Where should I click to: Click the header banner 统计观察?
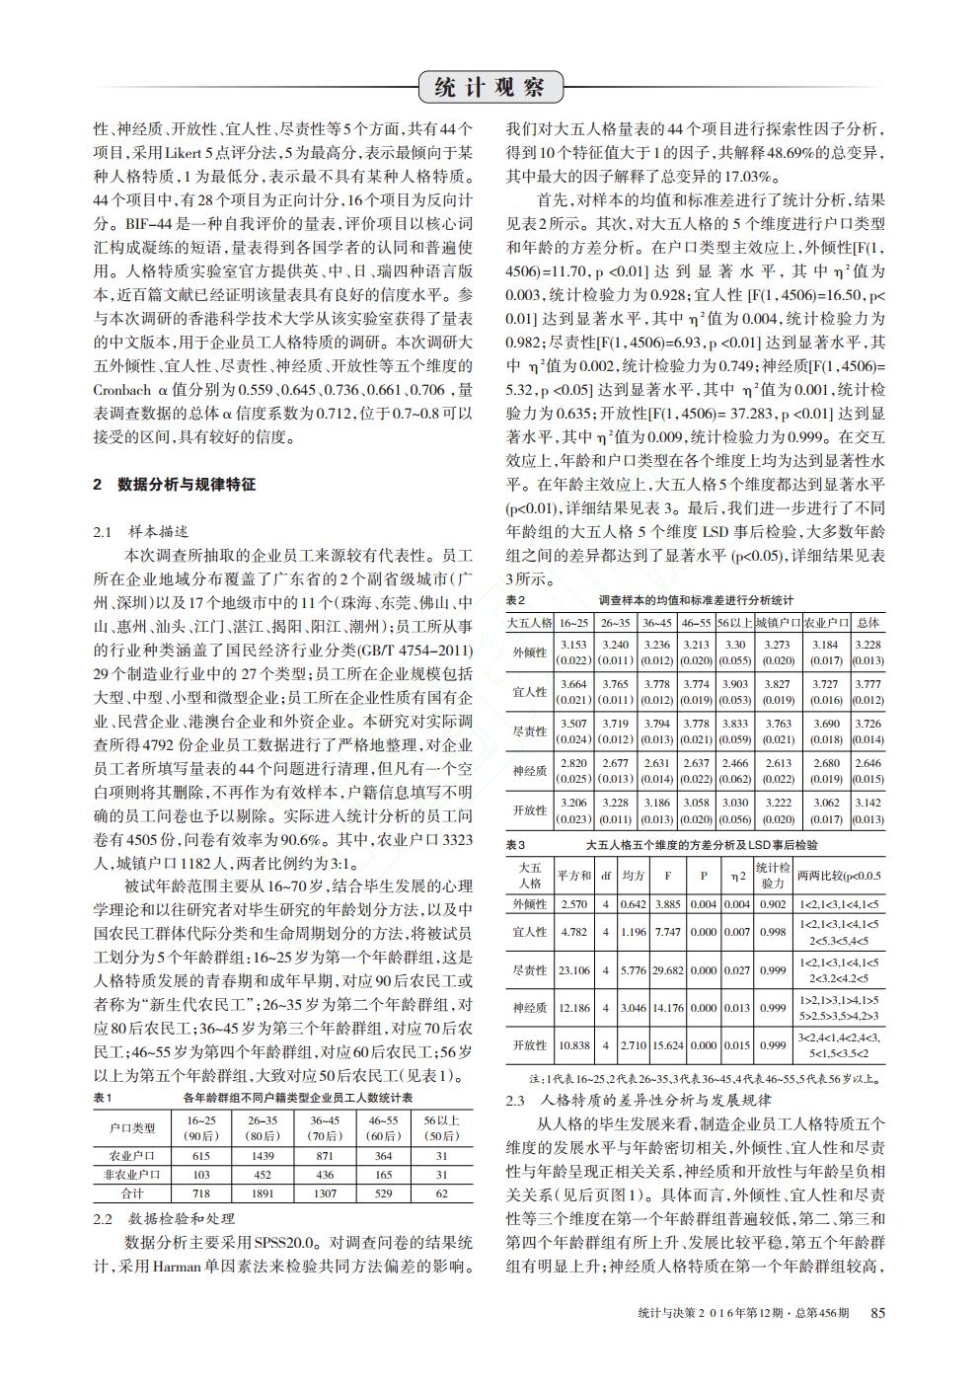489,88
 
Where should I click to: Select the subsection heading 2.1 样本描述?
150,532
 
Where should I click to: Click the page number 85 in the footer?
877,1311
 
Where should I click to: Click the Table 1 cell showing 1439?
263,1156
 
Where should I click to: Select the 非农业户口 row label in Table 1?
131,1175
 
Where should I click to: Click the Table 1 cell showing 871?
325,1156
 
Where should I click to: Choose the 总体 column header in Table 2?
867,623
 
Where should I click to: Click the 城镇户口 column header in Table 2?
778,623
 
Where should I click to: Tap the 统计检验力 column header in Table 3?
773,875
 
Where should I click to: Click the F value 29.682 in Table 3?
668,970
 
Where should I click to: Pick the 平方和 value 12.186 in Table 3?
573,1008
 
